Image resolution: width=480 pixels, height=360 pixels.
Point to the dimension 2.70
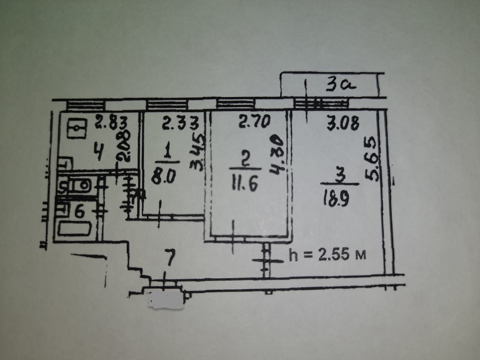255,122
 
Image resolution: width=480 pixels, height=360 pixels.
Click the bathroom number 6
79,213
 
